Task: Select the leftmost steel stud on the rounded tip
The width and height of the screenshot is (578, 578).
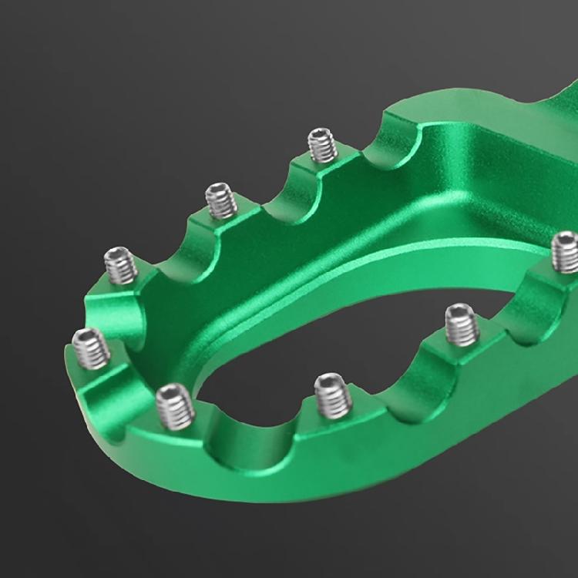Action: point(90,348)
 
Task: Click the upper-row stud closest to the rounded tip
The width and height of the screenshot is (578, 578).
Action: point(121,266)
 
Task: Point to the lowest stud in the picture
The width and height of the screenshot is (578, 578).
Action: point(174,406)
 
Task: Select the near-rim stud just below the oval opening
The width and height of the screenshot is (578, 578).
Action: point(333,394)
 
